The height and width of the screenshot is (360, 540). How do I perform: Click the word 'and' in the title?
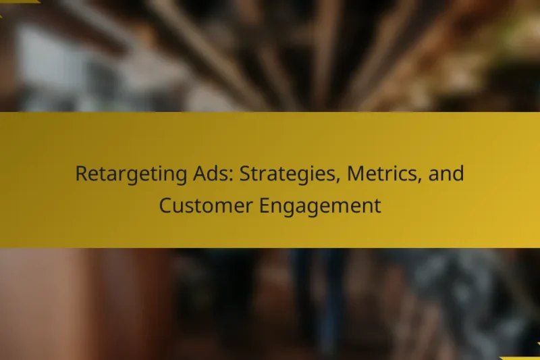pos(447,174)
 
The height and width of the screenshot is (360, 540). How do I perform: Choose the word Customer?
pos(205,205)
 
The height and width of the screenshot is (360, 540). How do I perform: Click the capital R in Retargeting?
pos(81,174)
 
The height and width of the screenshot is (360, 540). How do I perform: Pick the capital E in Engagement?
pos(264,205)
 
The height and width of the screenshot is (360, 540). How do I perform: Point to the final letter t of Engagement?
pos(377,205)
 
